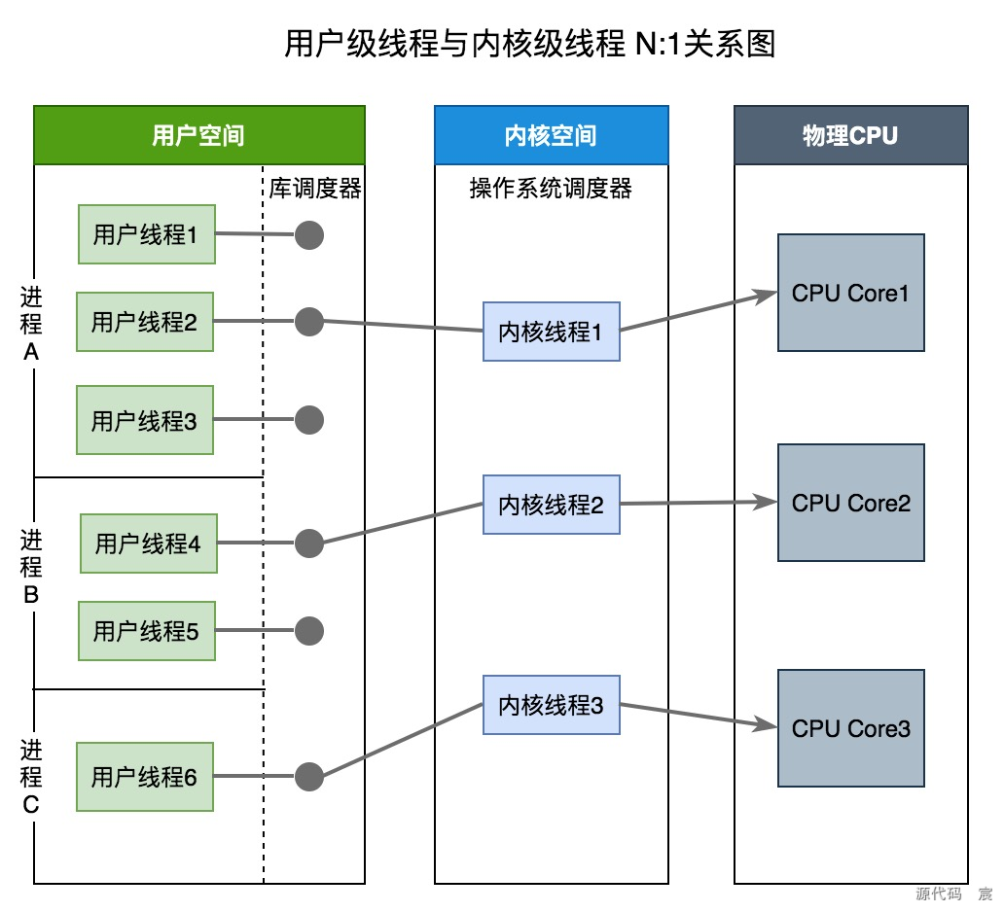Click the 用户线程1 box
pos(146,234)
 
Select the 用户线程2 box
pos(145,322)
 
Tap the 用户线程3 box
pos(145,421)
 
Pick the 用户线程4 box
pos(148,544)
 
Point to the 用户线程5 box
pos(146,631)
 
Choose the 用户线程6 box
pos(145,777)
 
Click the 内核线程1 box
pos(551,332)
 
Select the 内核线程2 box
pos(551,505)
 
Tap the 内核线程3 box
pos(551,706)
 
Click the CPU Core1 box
pos(850,293)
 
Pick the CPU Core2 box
pos(850,503)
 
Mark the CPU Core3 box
pos(850,728)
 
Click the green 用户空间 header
pos(198,135)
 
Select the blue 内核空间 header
pos(551,135)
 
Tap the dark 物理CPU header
pos(850,135)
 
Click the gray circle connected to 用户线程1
pos(308,234)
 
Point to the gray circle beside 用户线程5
pos(308,631)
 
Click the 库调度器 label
pos(315,189)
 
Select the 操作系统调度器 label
pos(551,189)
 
